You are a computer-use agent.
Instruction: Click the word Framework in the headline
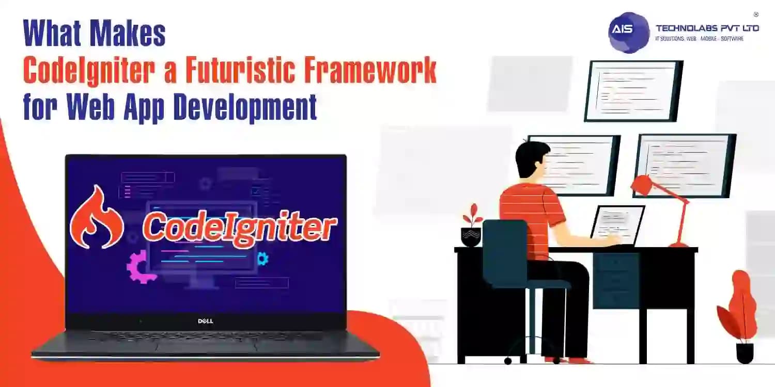(379, 72)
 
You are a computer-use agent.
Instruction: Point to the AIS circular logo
(628, 33)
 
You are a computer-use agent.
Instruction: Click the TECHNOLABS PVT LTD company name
(707, 28)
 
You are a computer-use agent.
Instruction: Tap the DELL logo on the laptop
(206, 321)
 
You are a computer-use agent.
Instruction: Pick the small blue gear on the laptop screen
(262, 258)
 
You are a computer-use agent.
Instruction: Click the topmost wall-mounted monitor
(633, 91)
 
